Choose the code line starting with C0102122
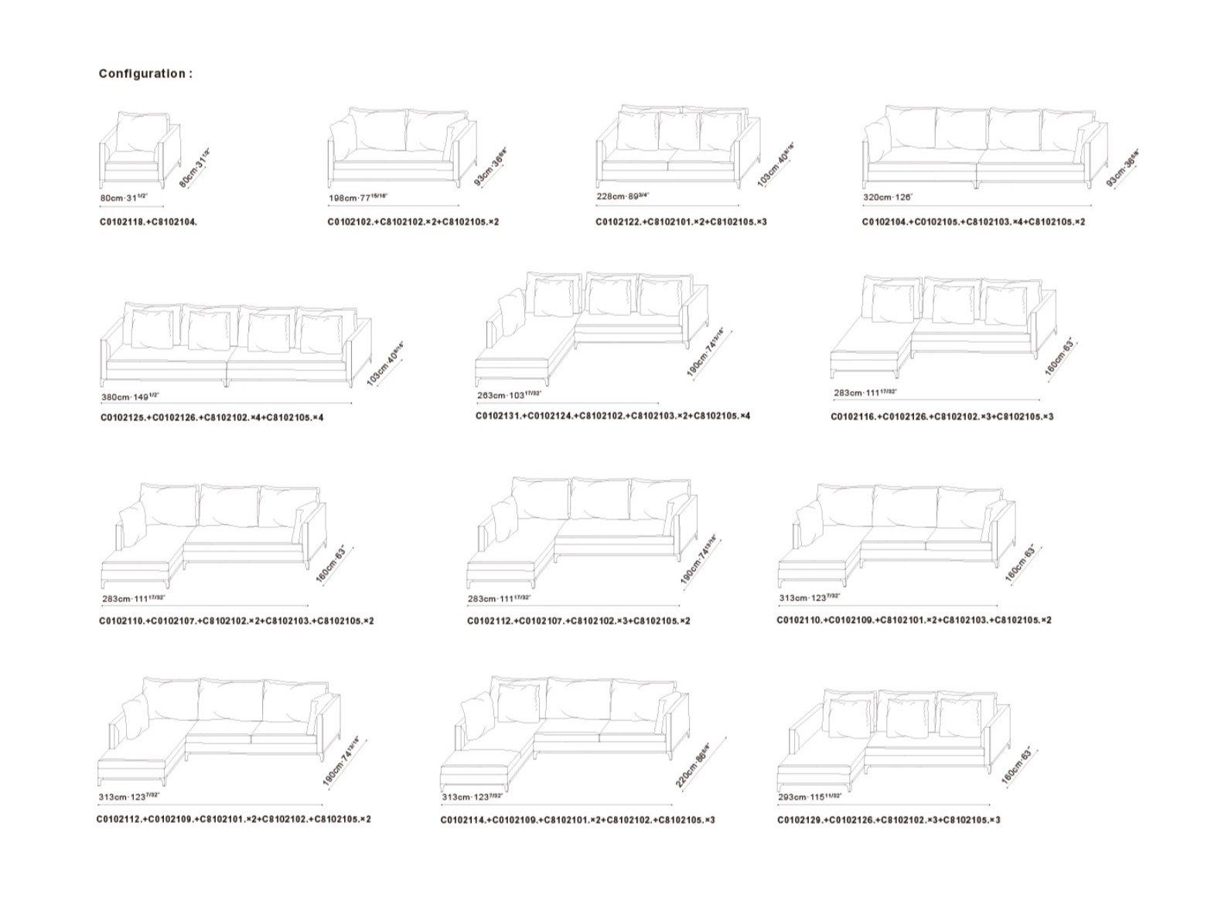(681, 223)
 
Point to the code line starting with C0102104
(974, 223)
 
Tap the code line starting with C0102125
(211, 418)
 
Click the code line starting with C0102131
(612, 417)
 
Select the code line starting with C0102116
(942, 417)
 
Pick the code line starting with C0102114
(578, 820)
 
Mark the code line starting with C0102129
(889, 820)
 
